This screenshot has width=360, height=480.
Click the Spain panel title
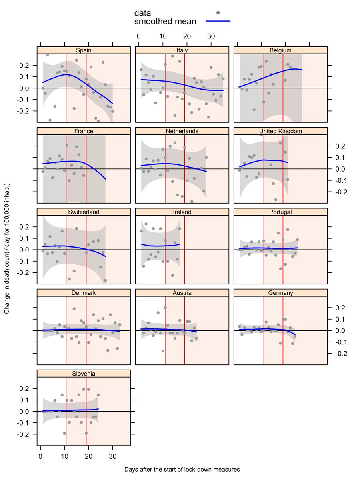[x=84, y=50]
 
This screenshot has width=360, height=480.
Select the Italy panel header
[x=182, y=50]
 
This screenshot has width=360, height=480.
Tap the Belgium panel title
[x=280, y=50]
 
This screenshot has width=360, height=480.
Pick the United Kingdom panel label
[x=280, y=131]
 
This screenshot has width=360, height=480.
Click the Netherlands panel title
[x=182, y=131]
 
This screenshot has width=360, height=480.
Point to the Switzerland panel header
[x=84, y=212]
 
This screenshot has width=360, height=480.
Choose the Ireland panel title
[x=182, y=212]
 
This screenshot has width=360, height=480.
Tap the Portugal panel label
[x=280, y=212]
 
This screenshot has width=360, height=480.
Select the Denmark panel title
[x=84, y=293]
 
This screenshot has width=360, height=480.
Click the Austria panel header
[x=182, y=293]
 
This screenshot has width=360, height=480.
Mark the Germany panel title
[x=280, y=293]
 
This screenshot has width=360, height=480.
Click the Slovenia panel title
[x=84, y=374]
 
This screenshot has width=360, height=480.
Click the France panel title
[x=84, y=131]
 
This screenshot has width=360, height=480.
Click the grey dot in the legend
[x=218, y=13]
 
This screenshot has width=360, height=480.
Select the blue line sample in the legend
[x=218, y=21]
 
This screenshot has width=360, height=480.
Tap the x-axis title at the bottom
[x=182, y=469]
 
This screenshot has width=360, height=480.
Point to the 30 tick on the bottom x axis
[x=113, y=456]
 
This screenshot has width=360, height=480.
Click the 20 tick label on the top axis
[x=187, y=36]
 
